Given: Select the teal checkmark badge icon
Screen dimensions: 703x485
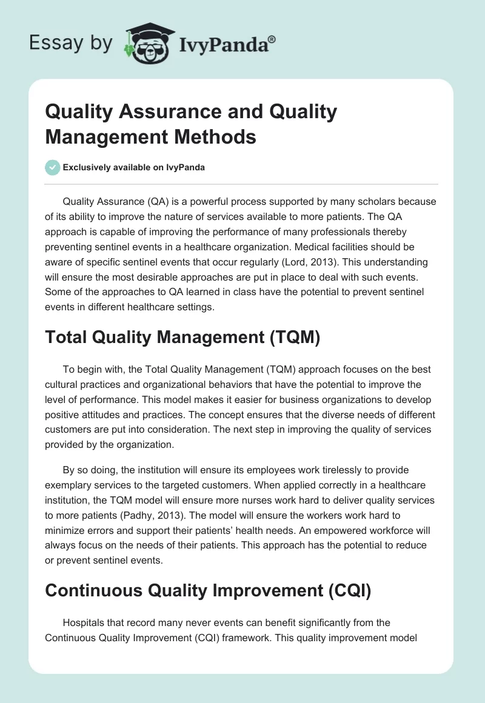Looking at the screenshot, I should [53, 167].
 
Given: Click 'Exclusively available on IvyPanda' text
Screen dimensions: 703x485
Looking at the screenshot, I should [134, 168].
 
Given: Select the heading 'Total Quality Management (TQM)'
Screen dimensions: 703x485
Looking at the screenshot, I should [182, 338].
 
